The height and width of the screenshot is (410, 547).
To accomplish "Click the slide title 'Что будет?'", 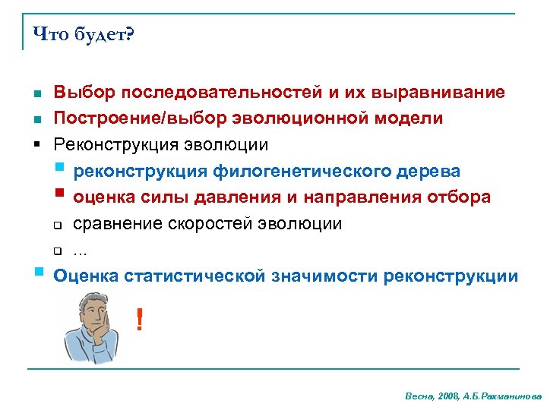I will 82,35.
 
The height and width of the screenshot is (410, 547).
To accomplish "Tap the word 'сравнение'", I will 117,224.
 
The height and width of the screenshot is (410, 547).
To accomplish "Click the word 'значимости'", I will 325,276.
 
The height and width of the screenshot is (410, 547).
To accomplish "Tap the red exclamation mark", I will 138,319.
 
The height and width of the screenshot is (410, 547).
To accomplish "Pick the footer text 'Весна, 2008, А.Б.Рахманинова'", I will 473,396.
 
